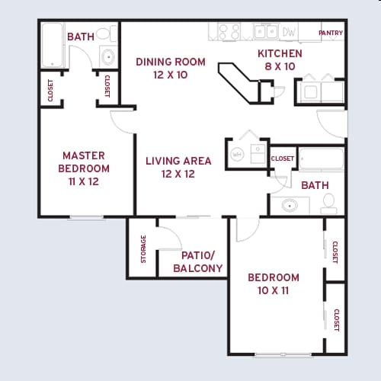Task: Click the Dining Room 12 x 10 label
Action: click(x=170, y=68)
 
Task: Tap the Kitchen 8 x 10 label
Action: click(x=280, y=60)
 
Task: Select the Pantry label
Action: click(x=331, y=34)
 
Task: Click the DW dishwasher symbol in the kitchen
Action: click(x=289, y=32)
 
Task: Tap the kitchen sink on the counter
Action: click(x=264, y=31)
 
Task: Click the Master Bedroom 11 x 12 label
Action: click(x=85, y=168)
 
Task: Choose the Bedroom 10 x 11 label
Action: click(x=274, y=283)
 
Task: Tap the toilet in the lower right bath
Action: click(x=329, y=202)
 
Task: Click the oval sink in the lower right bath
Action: click(x=290, y=205)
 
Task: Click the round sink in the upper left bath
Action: click(x=107, y=55)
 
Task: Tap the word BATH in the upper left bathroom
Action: click(x=80, y=37)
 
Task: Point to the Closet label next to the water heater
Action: click(x=282, y=158)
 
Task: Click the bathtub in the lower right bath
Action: click(x=321, y=159)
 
